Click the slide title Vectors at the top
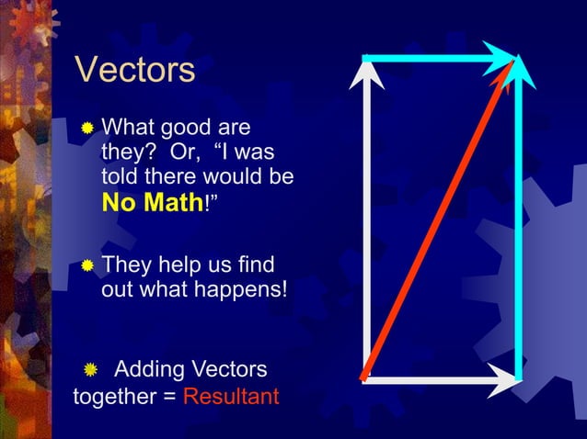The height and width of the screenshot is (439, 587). [x=134, y=70]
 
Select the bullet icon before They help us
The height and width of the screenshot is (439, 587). [x=86, y=265]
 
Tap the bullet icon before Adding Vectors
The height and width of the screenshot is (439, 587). [x=90, y=371]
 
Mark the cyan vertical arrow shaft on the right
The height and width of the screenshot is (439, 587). [x=518, y=230]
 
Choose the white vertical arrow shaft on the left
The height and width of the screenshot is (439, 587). [x=367, y=230]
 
